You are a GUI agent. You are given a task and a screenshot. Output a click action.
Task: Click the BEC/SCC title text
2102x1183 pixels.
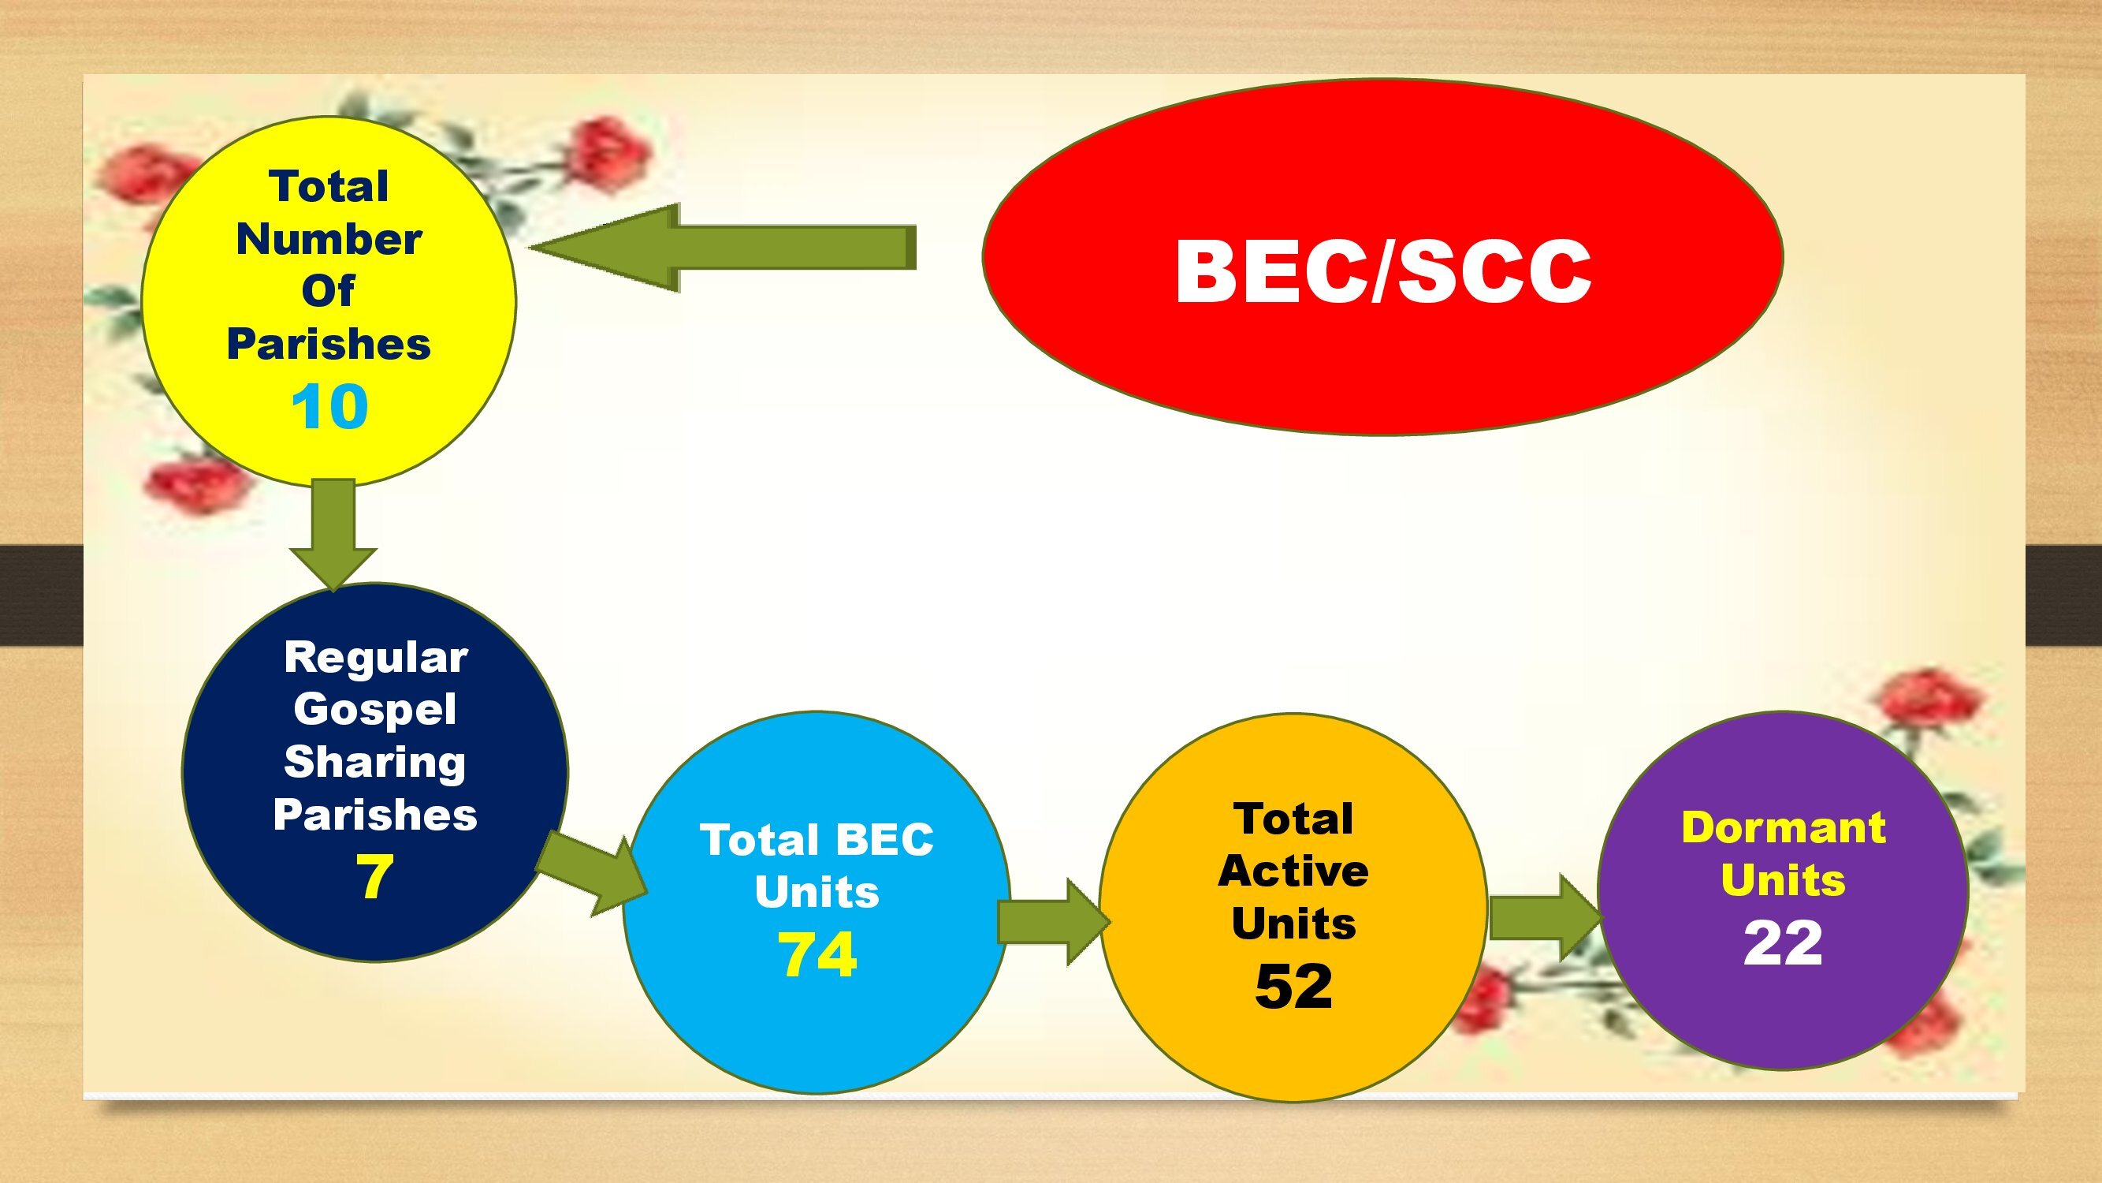(1383, 272)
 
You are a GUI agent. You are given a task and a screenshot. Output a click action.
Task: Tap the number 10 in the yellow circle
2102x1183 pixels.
(329, 408)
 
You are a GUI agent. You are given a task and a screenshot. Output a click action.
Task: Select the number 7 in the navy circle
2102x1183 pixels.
(374, 876)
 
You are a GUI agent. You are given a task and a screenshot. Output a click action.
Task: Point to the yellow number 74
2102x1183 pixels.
(817, 954)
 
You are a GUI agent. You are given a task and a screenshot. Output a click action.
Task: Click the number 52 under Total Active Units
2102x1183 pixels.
(1293, 987)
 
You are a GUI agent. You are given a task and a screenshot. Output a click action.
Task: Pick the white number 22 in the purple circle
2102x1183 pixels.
(1783, 943)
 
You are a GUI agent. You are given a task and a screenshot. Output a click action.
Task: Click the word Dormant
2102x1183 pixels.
(1784, 827)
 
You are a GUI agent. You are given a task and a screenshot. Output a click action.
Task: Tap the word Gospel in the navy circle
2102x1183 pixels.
(374, 709)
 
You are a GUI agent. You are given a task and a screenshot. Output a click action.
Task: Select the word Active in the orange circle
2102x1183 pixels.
(1293, 871)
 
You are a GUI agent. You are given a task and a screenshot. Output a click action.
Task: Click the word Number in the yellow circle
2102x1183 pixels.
(329, 239)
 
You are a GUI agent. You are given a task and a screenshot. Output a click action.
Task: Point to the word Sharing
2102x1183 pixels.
(374, 763)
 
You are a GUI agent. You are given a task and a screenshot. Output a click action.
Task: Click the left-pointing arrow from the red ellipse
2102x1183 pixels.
(723, 248)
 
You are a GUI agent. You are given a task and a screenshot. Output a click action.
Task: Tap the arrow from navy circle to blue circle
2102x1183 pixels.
(592, 873)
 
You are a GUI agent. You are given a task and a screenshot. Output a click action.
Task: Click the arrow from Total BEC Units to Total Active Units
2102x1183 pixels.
(1054, 922)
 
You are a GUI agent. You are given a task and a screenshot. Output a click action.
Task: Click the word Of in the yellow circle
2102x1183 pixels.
(328, 291)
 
